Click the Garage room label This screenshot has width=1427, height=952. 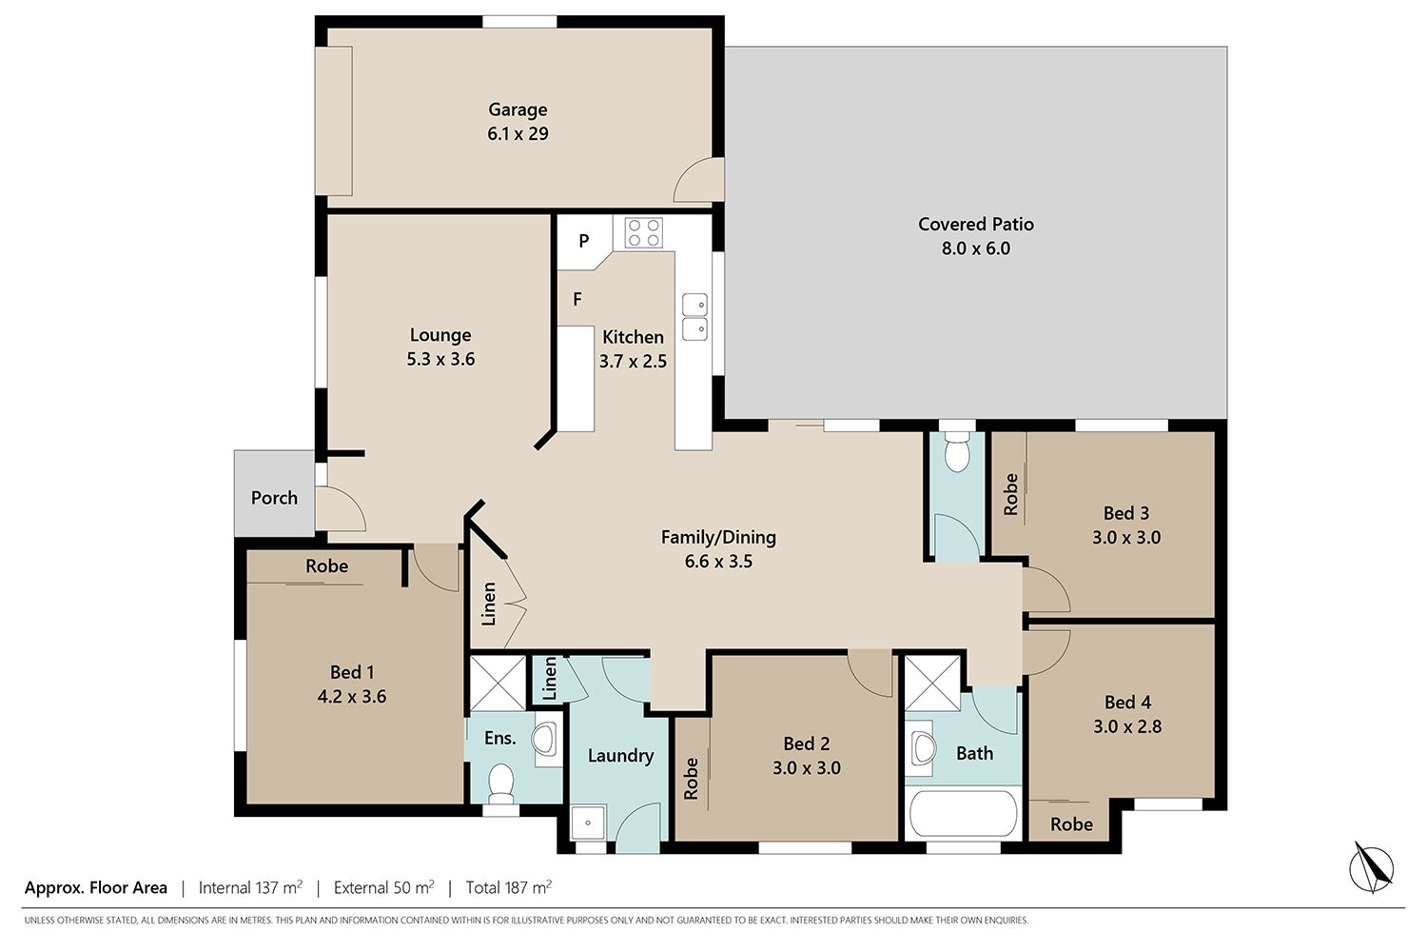point(518,109)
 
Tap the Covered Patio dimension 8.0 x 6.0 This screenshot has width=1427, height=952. point(975,248)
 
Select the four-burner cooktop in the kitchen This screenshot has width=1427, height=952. point(643,232)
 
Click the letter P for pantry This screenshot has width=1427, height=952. point(583,241)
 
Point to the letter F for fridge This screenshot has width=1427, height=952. point(577,299)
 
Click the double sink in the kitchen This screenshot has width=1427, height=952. point(694,316)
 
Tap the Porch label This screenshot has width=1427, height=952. point(274,497)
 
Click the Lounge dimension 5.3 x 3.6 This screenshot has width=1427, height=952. point(440,359)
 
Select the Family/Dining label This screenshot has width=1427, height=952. point(718,537)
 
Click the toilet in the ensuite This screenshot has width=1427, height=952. point(500,783)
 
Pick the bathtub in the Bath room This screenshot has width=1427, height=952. point(963,814)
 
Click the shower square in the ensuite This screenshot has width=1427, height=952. point(498,683)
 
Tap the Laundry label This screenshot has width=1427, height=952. point(620,756)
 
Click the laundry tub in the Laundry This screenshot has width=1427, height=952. point(588,823)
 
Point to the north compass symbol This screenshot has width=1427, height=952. point(1371,868)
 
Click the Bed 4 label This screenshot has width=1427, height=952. point(1127,702)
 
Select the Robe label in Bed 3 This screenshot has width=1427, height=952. point(1010,494)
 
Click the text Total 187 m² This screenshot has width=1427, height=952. point(508,887)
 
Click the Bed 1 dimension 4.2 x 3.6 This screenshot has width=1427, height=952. point(352,696)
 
